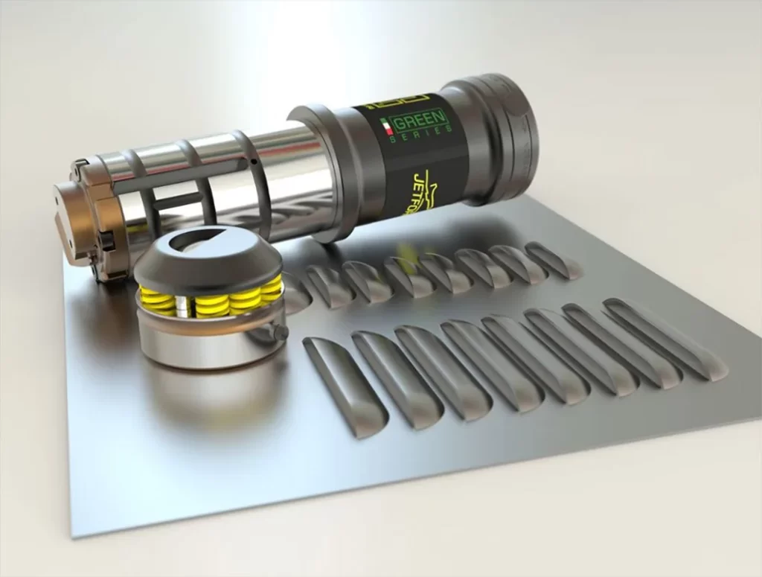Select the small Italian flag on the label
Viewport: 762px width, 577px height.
[x=386, y=127]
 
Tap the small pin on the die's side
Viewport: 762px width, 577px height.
[x=281, y=332]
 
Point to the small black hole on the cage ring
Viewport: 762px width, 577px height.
[x=254, y=161]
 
